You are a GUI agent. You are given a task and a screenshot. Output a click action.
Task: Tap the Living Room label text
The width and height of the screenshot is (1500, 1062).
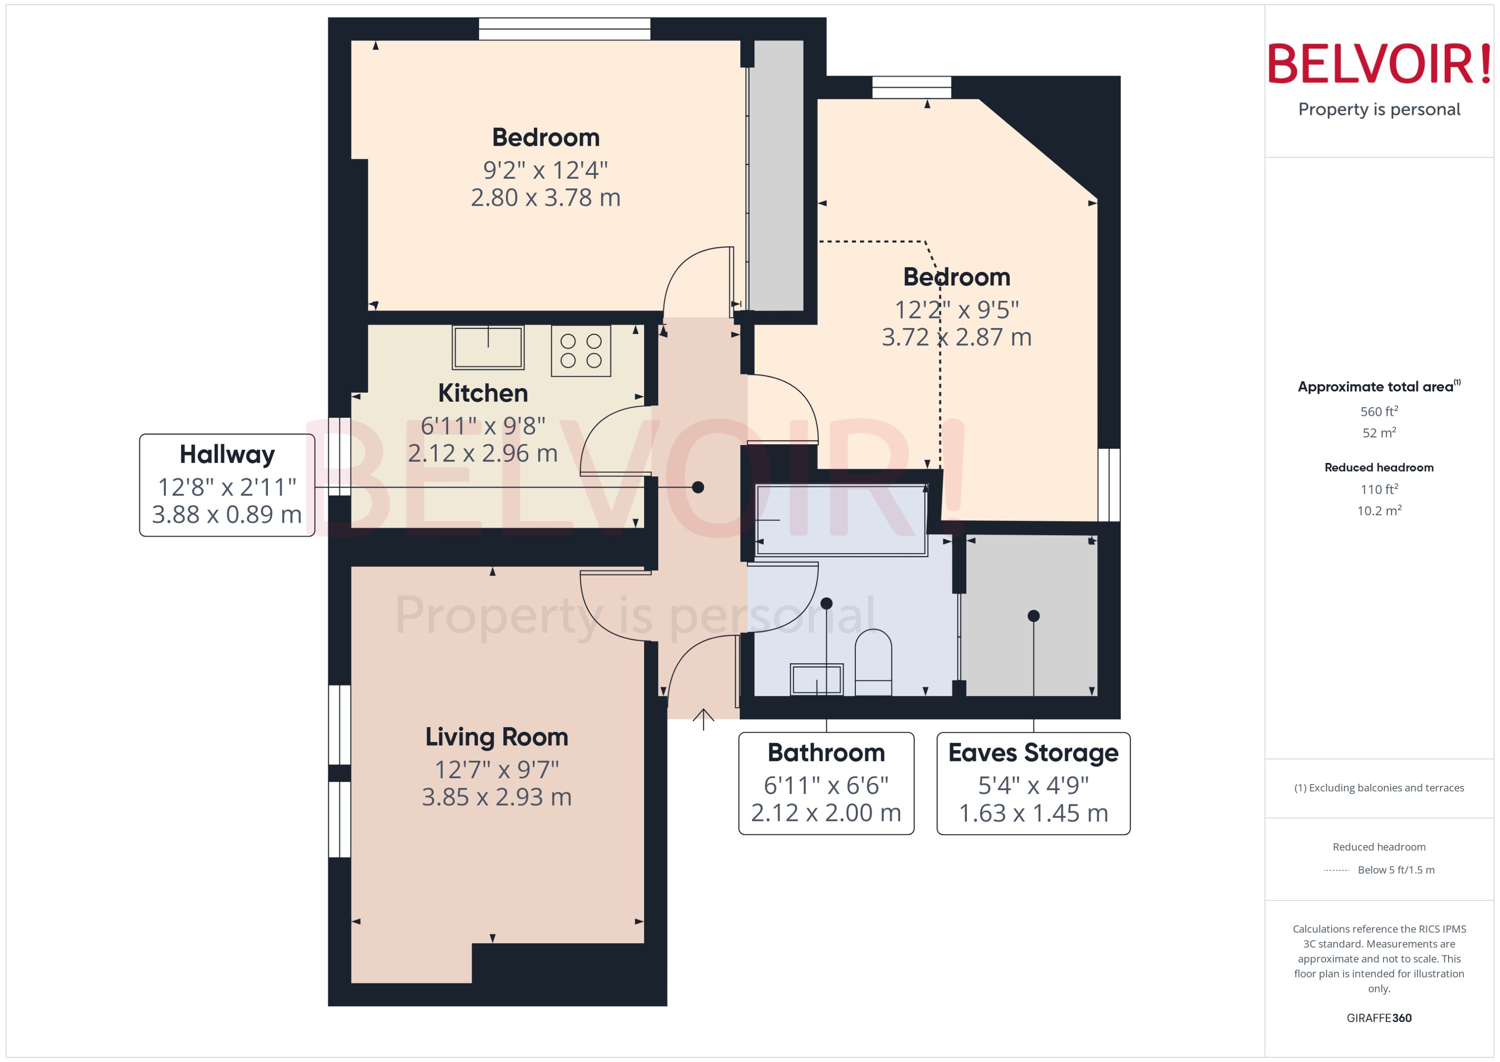497,737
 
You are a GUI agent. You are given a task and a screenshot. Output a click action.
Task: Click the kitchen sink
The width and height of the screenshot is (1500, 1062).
488,347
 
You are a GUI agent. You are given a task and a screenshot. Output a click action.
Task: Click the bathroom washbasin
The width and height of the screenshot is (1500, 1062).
816,680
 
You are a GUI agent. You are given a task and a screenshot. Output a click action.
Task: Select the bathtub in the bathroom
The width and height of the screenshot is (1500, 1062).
841,520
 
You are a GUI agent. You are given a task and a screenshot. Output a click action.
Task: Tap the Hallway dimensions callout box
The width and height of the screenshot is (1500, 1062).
227,485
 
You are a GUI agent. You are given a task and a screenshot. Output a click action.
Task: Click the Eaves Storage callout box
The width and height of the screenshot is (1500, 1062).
1033,783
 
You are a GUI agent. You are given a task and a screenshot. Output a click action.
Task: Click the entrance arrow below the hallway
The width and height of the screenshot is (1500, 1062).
703,719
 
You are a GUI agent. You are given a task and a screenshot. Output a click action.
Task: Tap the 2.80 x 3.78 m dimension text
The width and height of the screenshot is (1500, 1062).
545,198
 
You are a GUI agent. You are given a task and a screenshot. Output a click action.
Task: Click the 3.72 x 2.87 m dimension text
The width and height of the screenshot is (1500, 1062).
956,337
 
